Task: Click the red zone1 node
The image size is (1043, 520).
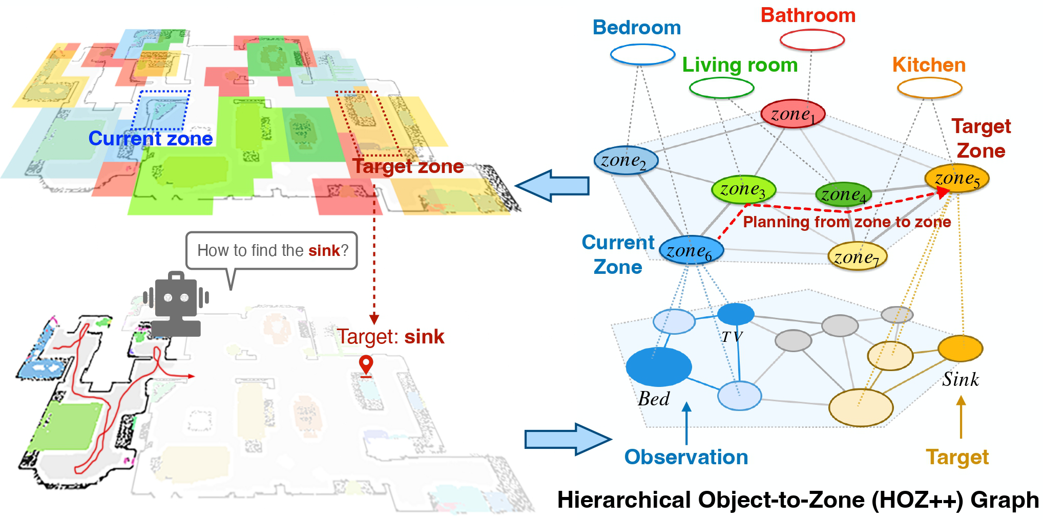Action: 792,114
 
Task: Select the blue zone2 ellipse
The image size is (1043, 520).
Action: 625,161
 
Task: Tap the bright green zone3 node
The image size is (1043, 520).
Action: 743,189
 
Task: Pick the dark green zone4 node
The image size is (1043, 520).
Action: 843,195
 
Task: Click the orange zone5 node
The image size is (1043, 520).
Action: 956,178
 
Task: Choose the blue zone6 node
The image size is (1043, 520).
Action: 692,250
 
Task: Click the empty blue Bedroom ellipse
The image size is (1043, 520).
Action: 642,54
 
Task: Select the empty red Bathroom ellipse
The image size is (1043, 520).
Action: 812,40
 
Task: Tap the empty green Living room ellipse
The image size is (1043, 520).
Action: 721,88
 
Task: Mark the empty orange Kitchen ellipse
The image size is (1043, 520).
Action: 929,88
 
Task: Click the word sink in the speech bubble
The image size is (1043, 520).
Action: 324,250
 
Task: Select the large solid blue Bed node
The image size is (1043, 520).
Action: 659,366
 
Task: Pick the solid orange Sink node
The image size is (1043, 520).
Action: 960,349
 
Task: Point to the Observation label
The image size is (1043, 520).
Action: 686,457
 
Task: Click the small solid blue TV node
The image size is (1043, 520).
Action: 736,314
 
